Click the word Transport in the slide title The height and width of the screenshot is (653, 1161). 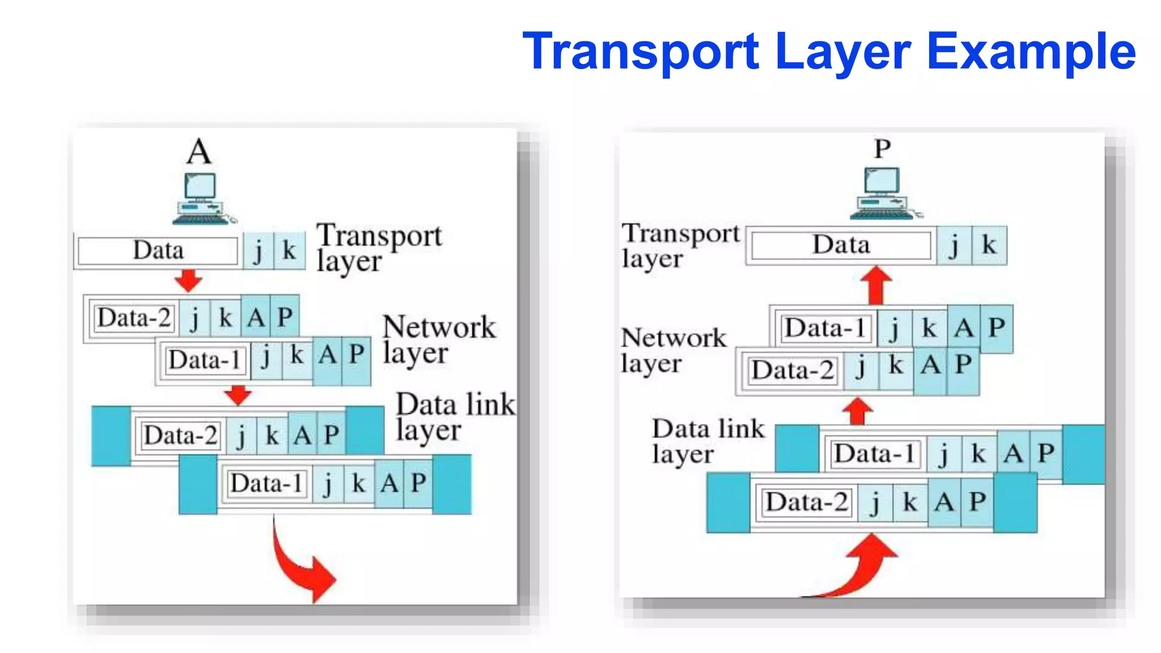641,52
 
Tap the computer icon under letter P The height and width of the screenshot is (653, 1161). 883,193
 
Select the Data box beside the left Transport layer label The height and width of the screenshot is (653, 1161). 158,251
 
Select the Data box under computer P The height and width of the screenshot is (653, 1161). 841,245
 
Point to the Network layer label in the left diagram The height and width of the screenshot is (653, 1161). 439,339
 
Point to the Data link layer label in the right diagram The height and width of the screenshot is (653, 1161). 707,441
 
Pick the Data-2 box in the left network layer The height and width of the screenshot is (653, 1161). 134,317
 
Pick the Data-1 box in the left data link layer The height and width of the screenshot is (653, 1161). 266,484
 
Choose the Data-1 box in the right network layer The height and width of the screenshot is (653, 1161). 825,328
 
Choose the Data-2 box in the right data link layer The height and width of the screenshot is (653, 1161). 806,502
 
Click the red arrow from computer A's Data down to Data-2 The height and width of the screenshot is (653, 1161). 188,279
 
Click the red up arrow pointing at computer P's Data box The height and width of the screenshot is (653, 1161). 876,285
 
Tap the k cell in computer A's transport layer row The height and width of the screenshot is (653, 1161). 289,250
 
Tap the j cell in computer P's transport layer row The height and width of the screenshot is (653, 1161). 954,245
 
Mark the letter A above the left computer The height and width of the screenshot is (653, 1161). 199,151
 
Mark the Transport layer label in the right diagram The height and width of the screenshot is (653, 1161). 679,245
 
